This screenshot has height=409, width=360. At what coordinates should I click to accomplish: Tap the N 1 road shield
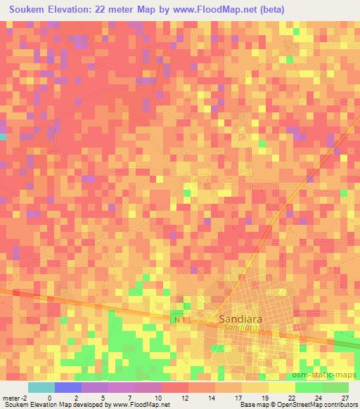(x=181, y=320)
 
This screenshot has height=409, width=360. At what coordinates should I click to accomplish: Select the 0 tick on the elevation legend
(x=49, y=397)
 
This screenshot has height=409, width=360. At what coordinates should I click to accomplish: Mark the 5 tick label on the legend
(x=103, y=397)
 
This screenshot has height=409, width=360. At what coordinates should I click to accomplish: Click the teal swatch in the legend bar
(x=41, y=387)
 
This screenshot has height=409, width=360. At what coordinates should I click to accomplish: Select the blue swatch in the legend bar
(x=68, y=387)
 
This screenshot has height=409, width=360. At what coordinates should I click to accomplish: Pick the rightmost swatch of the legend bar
(x=335, y=387)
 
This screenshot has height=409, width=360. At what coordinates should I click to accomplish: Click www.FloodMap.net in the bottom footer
(x=137, y=405)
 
